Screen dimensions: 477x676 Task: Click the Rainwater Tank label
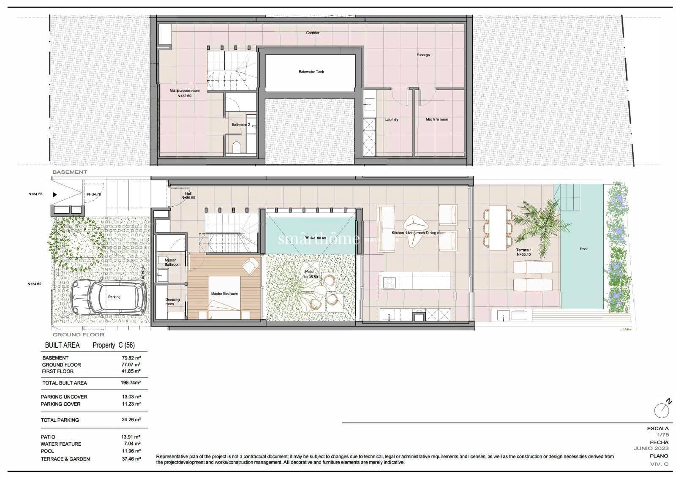pos(311,72)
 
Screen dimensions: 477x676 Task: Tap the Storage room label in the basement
pos(423,55)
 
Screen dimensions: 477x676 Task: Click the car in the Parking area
pos(109,297)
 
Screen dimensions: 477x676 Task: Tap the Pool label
pos(583,249)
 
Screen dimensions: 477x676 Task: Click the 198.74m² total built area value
pos(131,383)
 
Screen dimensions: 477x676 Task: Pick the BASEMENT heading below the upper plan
pos(70,172)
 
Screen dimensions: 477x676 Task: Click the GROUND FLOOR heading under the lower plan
pos(78,335)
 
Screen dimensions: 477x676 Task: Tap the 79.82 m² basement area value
pos(131,358)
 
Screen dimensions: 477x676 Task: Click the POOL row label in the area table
pos(47,451)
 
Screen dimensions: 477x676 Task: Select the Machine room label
pos(437,120)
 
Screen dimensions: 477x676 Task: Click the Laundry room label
pos(392,120)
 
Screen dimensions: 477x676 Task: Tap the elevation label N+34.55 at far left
pos(35,194)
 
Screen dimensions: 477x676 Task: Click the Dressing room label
pos(172,302)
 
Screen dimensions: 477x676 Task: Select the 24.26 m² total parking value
pos(131,420)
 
